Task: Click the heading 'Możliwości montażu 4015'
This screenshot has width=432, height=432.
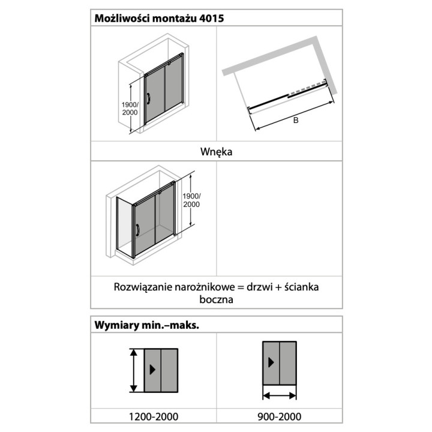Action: (x=159, y=18)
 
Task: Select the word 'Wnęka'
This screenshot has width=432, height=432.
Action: (x=216, y=152)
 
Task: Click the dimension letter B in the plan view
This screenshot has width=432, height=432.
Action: (x=296, y=120)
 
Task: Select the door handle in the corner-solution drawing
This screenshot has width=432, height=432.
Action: (x=137, y=230)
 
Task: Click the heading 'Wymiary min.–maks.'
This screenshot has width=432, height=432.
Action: (x=147, y=325)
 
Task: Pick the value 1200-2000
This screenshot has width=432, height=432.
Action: (x=153, y=416)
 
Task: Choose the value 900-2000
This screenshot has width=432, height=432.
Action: (x=279, y=416)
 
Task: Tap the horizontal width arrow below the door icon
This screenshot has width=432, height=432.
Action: (x=279, y=395)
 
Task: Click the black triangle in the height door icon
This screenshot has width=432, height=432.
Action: (x=154, y=370)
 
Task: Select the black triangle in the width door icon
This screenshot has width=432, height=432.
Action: (x=272, y=362)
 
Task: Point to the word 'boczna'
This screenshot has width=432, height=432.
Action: (x=216, y=299)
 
